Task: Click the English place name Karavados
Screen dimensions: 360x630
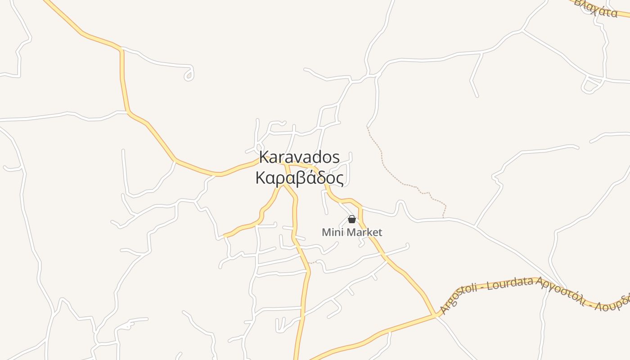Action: click(x=299, y=157)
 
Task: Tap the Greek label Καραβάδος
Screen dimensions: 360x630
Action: click(x=299, y=178)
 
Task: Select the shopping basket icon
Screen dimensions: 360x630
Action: click(x=352, y=219)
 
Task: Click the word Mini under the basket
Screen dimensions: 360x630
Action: click(x=331, y=233)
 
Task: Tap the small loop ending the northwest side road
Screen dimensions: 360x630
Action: click(x=189, y=76)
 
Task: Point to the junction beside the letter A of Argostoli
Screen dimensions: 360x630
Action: click(x=435, y=315)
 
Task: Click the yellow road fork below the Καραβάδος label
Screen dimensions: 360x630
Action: click(x=283, y=184)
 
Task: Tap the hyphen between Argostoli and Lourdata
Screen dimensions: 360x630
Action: click(x=481, y=288)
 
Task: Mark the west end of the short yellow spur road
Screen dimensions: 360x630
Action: click(x=225, y=235)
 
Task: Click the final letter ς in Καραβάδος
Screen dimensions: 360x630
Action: click(x=339, y=180)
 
